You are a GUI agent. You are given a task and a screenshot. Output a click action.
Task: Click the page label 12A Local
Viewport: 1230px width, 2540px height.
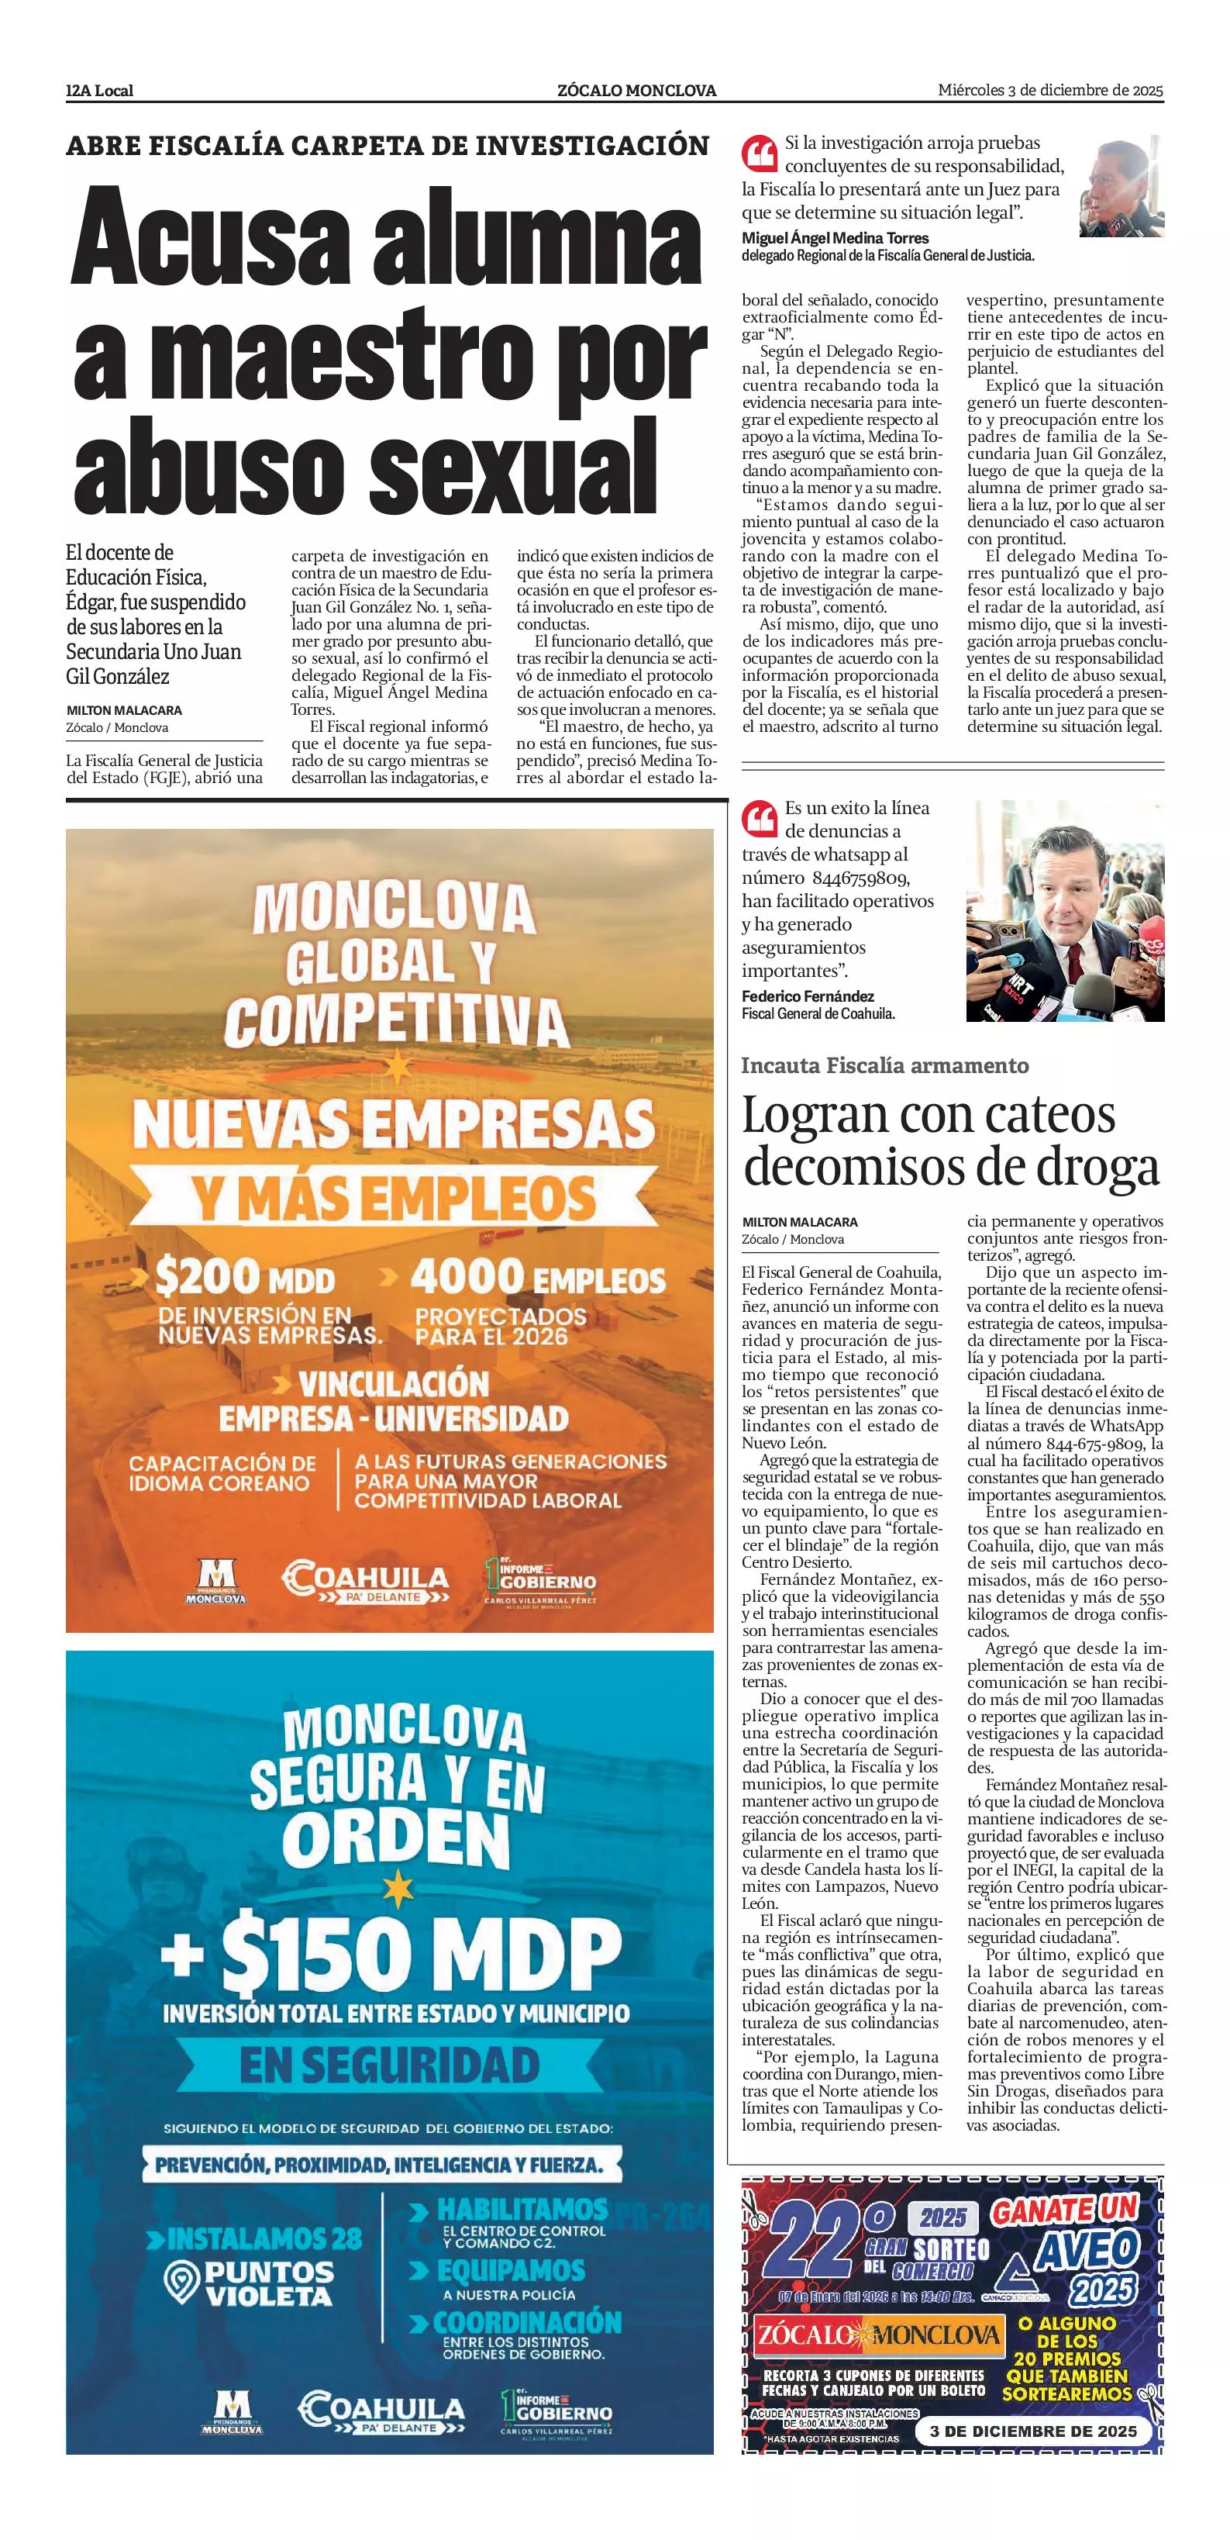click(99, 91)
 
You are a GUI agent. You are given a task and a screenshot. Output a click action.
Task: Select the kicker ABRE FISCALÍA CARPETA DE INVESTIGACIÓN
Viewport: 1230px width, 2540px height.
click(388, 146)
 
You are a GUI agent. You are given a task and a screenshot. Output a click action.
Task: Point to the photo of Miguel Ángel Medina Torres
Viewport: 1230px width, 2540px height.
click(1121, 188)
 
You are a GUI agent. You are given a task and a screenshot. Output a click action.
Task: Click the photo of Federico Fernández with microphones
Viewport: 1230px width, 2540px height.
click(1064, 910)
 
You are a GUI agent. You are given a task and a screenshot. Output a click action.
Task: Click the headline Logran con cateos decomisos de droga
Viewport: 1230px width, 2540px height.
click(950, 1141)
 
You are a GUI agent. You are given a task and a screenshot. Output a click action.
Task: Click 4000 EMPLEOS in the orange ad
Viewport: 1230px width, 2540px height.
click(538, 1279)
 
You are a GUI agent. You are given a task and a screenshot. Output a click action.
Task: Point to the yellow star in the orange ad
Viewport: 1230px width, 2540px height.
click(396, 1067)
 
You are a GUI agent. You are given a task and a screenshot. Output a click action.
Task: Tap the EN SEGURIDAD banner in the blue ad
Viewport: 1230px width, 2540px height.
click(391, 2064)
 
